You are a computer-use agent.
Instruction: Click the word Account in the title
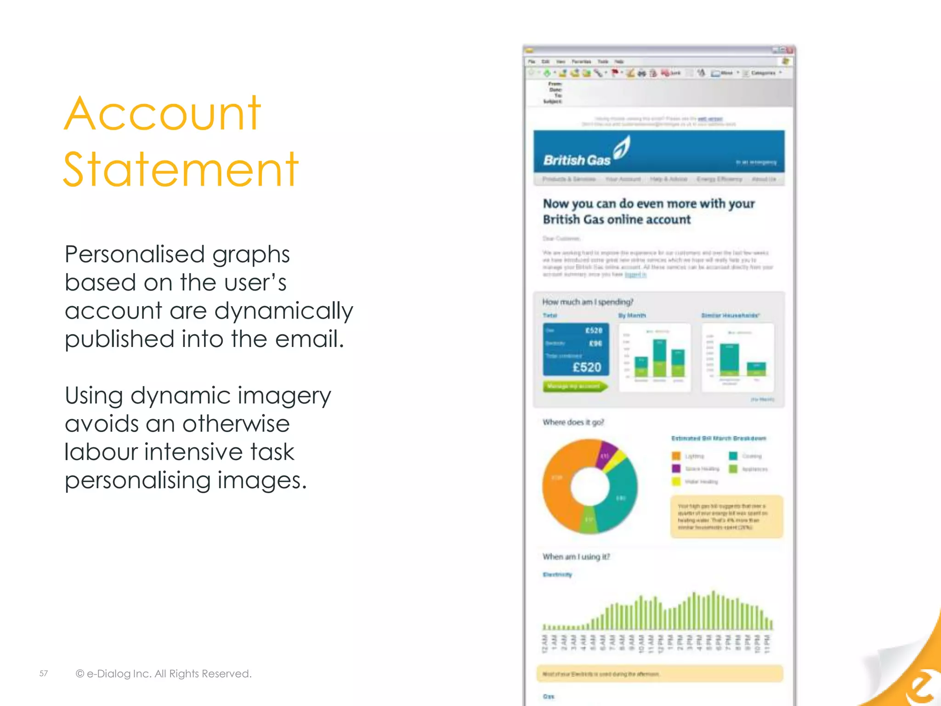click(162, 114)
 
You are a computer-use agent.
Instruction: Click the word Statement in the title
click(181, 170)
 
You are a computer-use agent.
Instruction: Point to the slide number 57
click(44, 673)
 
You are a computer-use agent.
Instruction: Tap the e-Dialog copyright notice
click(164, 673)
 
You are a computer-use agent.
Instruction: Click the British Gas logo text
click(577, 160)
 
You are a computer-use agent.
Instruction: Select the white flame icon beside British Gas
click(622, 148)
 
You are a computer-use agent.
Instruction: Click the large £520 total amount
click(587, 367)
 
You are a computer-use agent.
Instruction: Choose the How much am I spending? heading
click(588, 302)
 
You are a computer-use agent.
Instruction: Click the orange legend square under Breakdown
click(676, 456)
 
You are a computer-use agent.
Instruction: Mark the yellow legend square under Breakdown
click(676, 482)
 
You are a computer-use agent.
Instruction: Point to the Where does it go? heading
click(573, 422)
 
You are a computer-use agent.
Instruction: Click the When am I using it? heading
click(576, 557)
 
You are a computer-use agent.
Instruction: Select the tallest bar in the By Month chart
click(659, 358)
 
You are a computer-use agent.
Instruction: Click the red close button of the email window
click(790, 50)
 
